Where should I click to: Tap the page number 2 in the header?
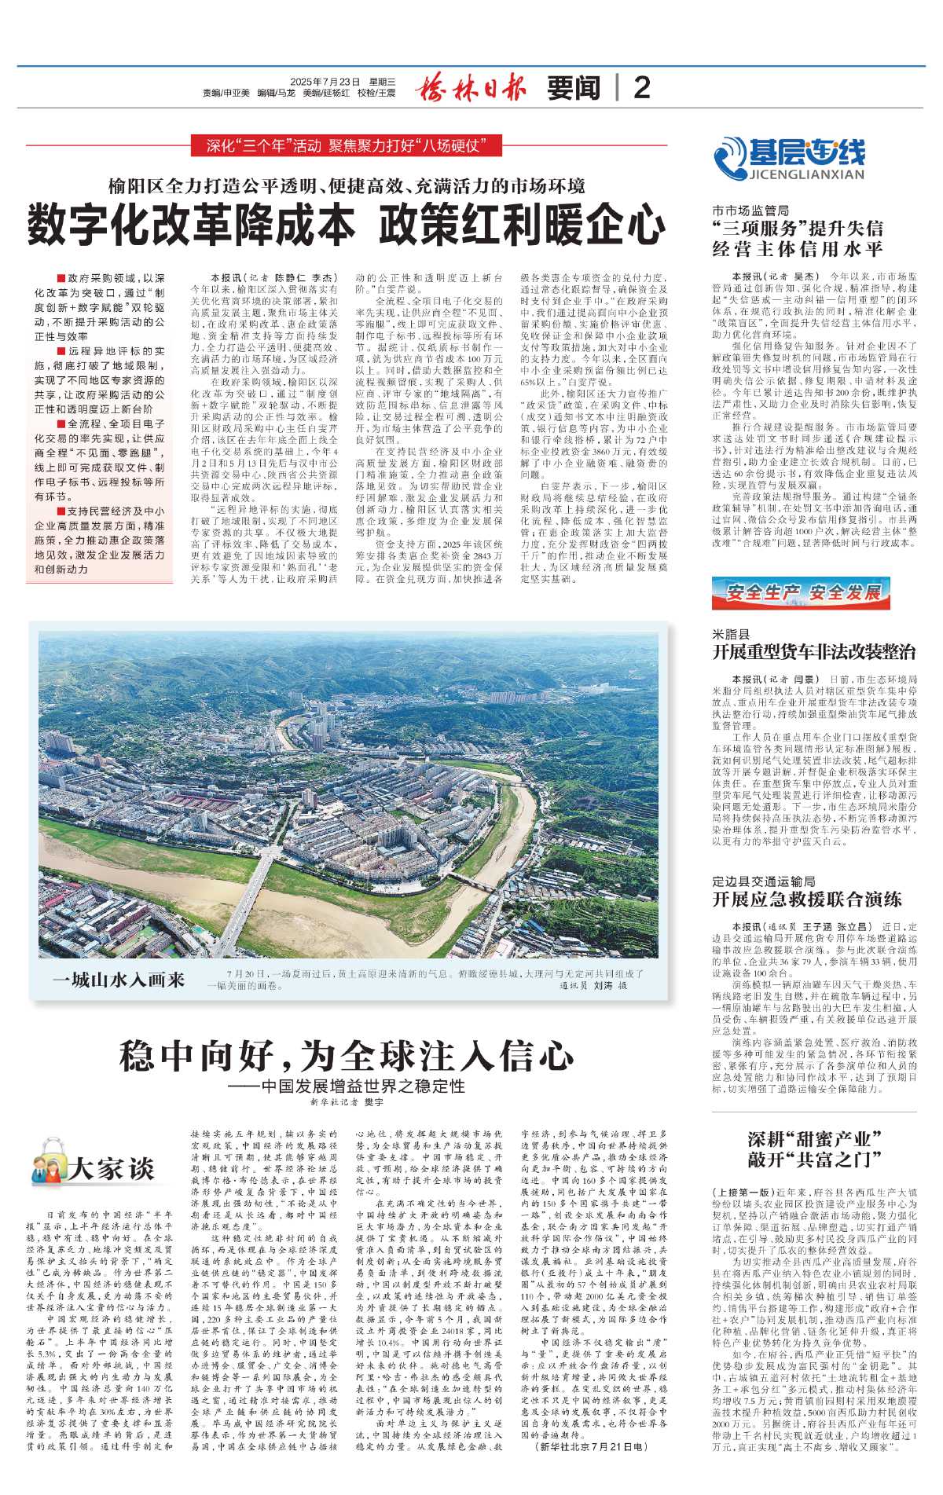coord(641,88)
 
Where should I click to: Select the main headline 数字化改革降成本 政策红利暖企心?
coord(347,225)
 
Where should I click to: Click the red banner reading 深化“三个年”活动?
coord(347,145)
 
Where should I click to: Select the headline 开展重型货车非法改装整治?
coord(813,652)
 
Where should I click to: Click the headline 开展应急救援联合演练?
coord(806,899)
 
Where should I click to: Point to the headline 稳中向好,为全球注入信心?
coord(347,1055)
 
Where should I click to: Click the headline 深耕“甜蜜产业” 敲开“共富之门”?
coord(813,1149)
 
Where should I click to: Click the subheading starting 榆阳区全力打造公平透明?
coord(347,186)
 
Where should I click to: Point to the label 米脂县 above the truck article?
coord(731,634)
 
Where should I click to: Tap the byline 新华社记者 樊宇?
coord(347,1103)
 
